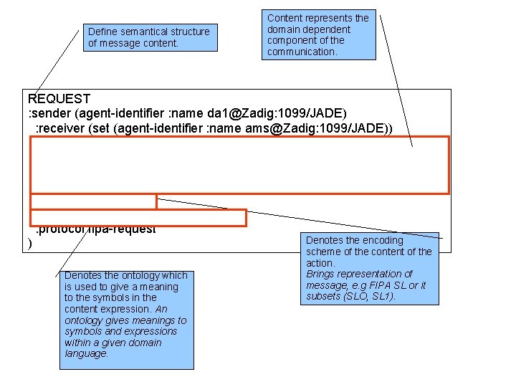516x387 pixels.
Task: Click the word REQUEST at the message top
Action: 58,99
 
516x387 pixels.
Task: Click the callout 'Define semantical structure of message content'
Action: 148,37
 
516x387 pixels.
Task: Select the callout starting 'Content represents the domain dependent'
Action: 318,34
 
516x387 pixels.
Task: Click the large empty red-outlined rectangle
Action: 239,165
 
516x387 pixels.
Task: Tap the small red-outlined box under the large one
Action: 93,201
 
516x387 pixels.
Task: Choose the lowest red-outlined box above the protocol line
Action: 138,217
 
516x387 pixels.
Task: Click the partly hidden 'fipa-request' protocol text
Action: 125,230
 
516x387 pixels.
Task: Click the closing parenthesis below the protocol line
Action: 29,244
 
